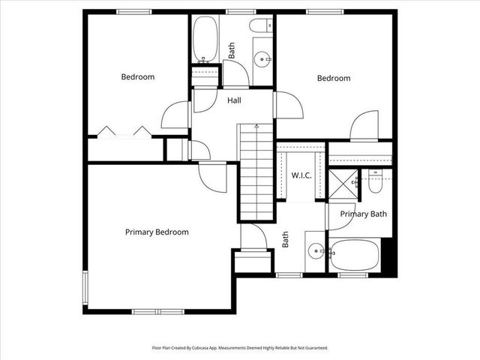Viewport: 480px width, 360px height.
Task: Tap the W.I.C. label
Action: [301, 175]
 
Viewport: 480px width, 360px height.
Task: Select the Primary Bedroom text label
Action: [157, 232]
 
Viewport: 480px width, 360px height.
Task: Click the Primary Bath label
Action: [364, 214]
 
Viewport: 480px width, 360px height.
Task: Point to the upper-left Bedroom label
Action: [138, 76]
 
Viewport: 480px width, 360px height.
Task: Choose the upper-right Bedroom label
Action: [334, 78]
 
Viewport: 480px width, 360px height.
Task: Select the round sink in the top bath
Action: [262, 58]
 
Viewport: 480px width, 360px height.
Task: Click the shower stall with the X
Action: [343, 181]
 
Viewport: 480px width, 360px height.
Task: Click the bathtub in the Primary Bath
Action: [355, 255]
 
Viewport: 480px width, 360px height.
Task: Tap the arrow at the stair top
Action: [257, 127]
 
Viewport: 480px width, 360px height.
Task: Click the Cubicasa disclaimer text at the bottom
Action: [240, 348]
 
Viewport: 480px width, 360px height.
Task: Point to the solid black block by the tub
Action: [388, 256]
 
